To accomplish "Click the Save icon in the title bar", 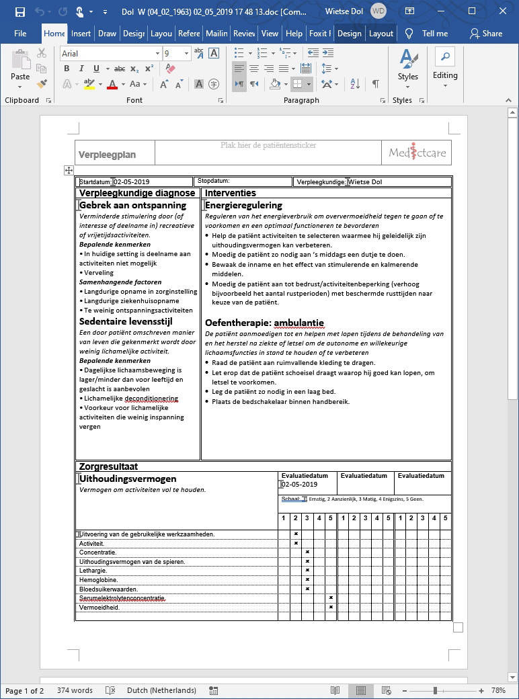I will point(20,11).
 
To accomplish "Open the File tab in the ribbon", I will point(20,33).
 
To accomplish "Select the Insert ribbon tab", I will point(81,33).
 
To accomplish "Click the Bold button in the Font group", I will point(67,68).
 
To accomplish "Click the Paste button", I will point(20,67).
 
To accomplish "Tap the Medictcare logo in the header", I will point(417,153).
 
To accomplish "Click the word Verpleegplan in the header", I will point(107,155).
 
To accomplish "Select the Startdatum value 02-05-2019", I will point(132,181).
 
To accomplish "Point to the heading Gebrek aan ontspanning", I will point(132,205).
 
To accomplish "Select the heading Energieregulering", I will point(243,205).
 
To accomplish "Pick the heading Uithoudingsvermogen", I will point(128,479).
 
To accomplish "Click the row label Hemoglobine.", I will point(98,579).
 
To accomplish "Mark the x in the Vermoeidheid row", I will point(331,607).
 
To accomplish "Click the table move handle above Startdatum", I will point(69,171).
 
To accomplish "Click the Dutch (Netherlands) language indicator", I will point(161,690).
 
